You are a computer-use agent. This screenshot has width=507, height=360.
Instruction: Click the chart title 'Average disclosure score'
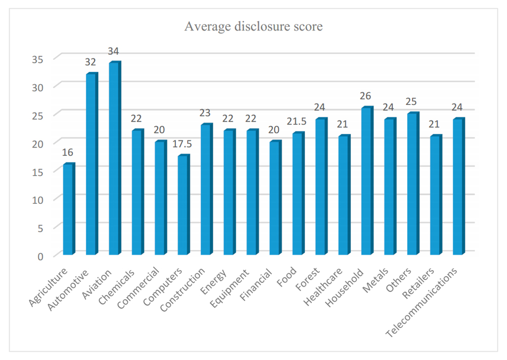point(253,26)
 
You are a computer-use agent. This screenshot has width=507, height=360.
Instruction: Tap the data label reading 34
point(113,52)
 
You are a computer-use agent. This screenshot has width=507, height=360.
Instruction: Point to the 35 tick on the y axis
point(43,58)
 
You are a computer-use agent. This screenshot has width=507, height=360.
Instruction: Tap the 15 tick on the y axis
point(43,171)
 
